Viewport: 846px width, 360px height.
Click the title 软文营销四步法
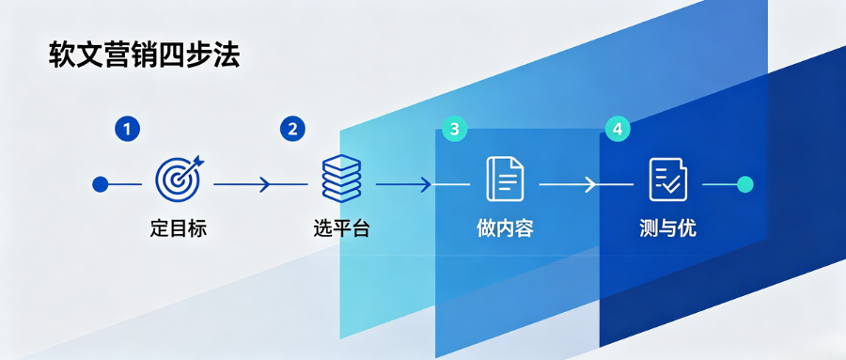click(144, 55)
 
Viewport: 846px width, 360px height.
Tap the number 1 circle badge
click(127, 130)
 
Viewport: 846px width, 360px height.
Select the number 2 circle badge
click(292, 130)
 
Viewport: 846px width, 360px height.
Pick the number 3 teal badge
click(454, 130)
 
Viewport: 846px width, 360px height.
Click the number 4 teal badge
click(618, 130)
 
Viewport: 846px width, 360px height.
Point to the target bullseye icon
click(178, 179)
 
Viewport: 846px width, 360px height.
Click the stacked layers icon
click(341, 179)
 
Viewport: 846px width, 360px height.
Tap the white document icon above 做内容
click(505, 179)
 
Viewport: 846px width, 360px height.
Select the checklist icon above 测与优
click(668, 180)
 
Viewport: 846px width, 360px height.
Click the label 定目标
click(178, 228)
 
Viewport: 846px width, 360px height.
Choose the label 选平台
click(341, 228)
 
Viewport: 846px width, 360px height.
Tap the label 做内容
click(505, 228)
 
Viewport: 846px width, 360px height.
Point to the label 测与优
click(668, 228)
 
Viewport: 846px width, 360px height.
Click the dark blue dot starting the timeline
click(100, 184)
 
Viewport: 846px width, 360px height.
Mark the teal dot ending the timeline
click(745, 184)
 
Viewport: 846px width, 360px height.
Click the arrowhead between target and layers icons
click(264, 184)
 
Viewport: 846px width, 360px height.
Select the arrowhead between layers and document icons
click(426, 184)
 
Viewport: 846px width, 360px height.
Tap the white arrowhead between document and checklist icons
click(590, 184)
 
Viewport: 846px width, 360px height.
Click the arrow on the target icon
click(193, 164)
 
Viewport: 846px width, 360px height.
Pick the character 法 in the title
click(227, 55)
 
